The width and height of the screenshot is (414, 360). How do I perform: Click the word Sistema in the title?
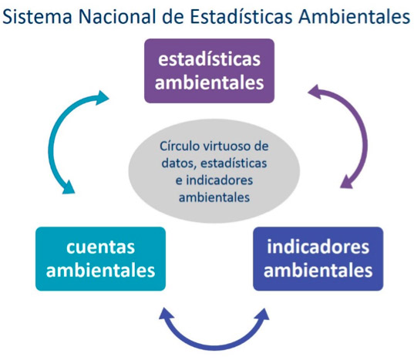(37, 17)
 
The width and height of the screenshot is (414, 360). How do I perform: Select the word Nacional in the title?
(117, 17)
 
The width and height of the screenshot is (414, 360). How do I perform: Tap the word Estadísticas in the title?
(241, 17)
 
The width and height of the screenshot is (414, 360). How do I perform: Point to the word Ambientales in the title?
(355, 17)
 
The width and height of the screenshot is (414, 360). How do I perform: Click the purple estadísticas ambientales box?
(209, 71)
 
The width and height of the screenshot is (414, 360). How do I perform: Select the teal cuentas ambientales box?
(100, 259)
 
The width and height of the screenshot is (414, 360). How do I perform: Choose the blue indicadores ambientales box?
(318, 259)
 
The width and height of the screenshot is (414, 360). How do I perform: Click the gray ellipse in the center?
(214, 171)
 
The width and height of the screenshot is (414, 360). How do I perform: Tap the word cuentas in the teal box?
(100, 247)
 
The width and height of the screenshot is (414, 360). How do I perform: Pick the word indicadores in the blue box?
(318, 247)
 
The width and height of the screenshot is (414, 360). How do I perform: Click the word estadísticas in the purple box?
(210, 59)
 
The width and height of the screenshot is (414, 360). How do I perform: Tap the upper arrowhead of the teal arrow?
(102, 98)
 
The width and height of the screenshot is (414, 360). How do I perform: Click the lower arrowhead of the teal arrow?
(69, 187)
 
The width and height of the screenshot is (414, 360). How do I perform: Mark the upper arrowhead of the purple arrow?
(315, 92)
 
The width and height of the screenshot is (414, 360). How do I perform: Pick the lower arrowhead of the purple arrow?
(346, 182)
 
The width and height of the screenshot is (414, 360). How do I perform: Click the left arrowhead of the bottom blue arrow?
(167, 314)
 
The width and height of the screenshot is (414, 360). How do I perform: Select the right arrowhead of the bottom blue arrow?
(262, 315)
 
